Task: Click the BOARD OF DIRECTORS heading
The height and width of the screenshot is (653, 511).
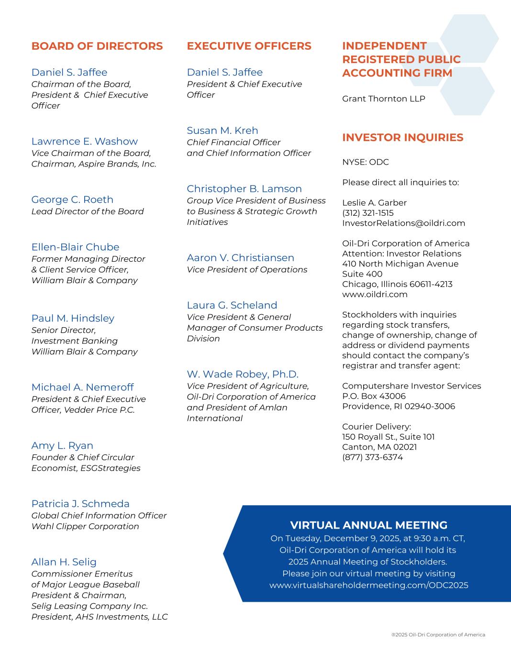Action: click(x=97, y=46)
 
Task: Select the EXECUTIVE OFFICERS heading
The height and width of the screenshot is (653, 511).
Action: click(x=249, y=46)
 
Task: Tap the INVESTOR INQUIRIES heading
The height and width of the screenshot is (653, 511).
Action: click(x=402, y=138)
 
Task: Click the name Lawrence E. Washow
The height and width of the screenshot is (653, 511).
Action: click(x=84, y=141)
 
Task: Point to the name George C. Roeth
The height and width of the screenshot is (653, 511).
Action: click(x=72, y=199)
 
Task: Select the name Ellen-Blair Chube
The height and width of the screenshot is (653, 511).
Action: click(x=75, y=247)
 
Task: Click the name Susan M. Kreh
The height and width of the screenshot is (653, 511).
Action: click(x=222, y=131)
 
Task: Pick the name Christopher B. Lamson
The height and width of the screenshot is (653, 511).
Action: click(x=244, y=188)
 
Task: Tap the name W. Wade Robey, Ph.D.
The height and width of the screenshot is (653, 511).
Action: click(x=242, y=374)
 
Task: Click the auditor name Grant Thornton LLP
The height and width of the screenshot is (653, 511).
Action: click(x=383, y=99)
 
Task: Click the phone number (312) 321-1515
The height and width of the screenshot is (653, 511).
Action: click(x=367, y=213)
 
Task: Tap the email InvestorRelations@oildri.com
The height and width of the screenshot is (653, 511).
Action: click(x=403, y=223)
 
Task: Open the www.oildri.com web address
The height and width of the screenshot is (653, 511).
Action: click(x=375, y=294)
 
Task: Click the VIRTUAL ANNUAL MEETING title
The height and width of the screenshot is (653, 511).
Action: click(x=368, y=525)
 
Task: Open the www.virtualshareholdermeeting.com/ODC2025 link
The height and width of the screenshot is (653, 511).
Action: click(x=368, y=585)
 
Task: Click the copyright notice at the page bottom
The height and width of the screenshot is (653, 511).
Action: click(x=438, y=635)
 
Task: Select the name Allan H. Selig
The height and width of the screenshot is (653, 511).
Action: click(x=64, y=562)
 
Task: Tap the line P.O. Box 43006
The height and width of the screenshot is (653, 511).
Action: click(x=374, y=396)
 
